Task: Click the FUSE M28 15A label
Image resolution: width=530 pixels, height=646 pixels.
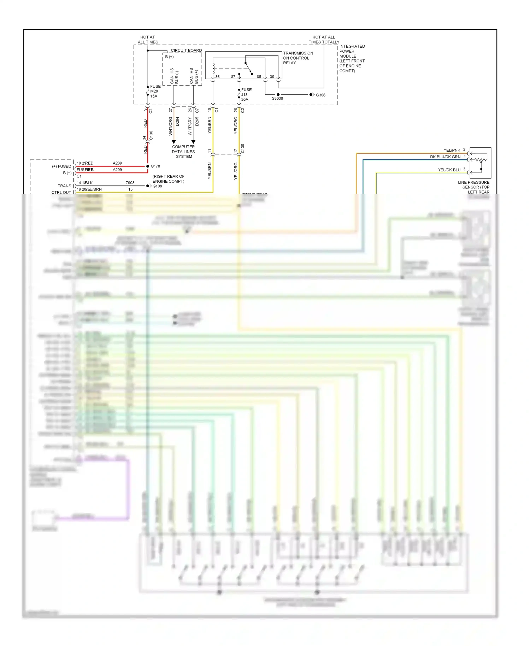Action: (x=155, y=91)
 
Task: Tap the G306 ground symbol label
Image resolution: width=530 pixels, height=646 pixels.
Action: (x=320, y=95)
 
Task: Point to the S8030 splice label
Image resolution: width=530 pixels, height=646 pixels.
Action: (x=277, y=99)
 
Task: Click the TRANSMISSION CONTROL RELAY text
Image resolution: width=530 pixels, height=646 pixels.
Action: (x=298, y=58)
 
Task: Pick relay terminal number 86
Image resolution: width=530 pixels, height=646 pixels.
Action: (x=217, y=77)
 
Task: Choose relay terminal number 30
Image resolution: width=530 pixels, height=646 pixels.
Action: (x=272, y=77)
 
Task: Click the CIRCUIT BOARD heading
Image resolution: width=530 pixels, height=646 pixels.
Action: (x=186, y=51)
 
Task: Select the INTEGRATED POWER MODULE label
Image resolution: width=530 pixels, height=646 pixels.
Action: (x=352, y=58)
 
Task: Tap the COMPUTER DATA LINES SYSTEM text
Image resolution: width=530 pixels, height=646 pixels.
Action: (x=183, y=152)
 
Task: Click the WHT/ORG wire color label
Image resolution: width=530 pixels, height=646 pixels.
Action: (x=171, y=126)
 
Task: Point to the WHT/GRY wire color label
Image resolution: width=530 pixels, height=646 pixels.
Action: (x=190, y=126)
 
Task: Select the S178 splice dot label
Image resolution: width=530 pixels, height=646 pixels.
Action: (x=155, y=166)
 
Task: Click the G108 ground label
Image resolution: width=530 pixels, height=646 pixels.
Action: (x=157, y=186)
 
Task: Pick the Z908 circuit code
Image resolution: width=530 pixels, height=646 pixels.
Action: (x=130, y=183)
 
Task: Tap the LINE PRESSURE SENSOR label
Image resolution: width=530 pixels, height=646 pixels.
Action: (x=474, y=187)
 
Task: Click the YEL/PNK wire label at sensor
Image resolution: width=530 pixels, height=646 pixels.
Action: (x=452, y=150)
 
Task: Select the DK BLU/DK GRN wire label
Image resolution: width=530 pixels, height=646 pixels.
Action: (x=445, y=157)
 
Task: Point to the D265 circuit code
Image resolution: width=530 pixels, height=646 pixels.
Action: (x=197, y=121)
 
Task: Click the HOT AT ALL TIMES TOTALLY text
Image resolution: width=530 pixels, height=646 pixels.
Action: (x=324, y=40)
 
